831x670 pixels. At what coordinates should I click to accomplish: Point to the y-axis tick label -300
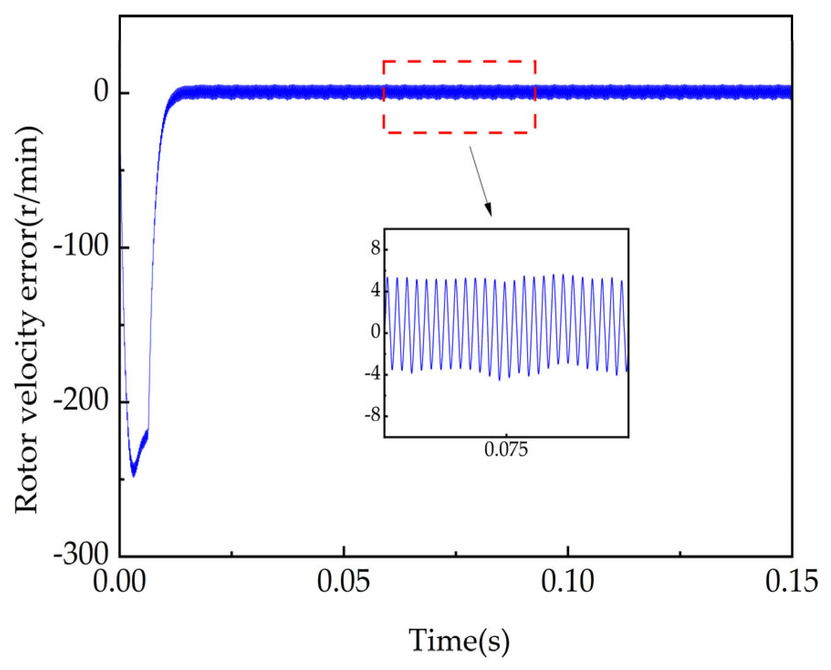81,554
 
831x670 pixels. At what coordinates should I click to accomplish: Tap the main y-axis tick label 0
101,91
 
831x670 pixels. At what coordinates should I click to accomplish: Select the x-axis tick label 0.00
120,581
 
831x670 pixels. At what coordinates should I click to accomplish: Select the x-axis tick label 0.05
343,581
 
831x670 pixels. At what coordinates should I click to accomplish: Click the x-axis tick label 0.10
567,581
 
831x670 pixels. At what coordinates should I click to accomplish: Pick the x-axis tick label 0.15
791,581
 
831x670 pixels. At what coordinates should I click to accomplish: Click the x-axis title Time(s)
459,640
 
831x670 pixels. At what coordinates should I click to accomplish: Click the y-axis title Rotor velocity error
28,320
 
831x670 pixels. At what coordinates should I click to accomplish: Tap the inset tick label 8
376,248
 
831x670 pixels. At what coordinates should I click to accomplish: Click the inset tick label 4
376,290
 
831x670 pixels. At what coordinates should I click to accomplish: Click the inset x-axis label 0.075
506,450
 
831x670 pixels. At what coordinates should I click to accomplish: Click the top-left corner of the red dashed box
384,61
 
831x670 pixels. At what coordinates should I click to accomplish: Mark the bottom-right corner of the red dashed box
535,132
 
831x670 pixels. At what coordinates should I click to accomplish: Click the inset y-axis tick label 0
376,332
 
